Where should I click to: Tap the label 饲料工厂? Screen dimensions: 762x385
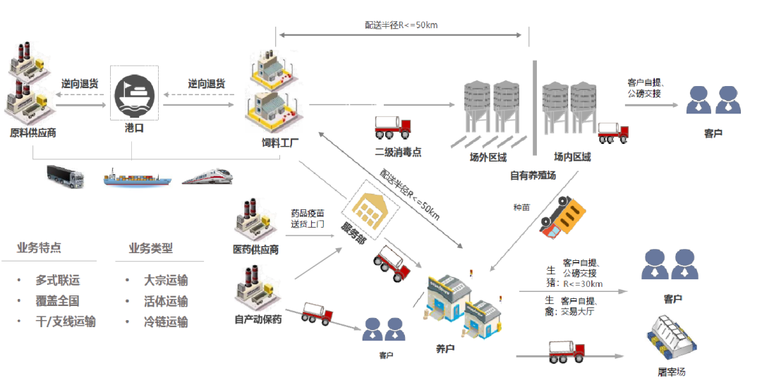[280, 143]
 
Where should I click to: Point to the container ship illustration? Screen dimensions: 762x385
[137, 178]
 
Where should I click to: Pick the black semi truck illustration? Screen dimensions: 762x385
[65, 176]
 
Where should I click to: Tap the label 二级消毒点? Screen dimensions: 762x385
[398, 152]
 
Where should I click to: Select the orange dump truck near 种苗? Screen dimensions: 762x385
[562, 217]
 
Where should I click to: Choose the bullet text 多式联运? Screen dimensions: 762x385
[57, 280]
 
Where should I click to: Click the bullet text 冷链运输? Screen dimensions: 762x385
[166, 322]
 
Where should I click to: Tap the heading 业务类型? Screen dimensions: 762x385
[151, 249]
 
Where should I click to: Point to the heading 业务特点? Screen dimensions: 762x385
[39, 248]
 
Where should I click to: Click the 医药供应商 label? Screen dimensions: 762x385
[255, 250]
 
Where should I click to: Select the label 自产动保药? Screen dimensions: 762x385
[258, 319]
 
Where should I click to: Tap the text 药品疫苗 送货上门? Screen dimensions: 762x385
[308, 219]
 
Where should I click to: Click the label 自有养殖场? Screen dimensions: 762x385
[533, 176]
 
